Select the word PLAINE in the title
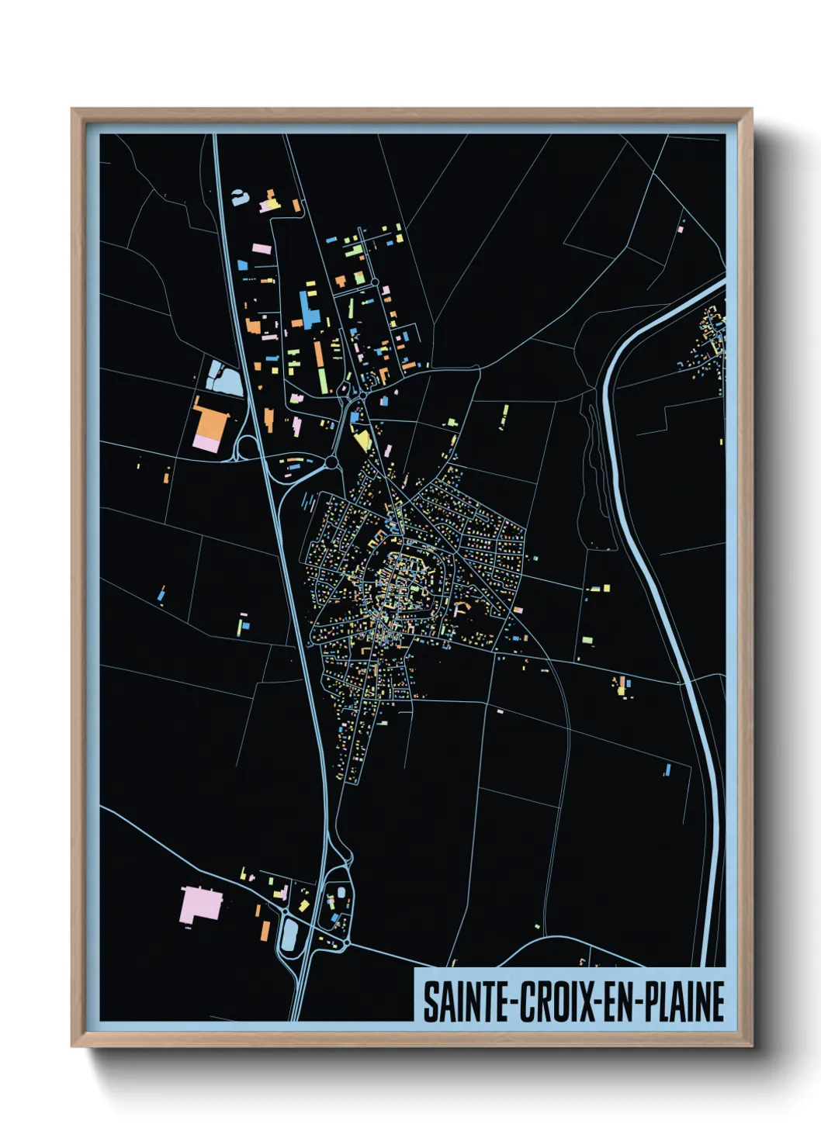(684, 1001)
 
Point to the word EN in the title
(617, 1001)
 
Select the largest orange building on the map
(211, 423)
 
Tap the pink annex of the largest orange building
(206, 444)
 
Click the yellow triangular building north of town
(362, 440)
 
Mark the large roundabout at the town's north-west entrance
(331, 462)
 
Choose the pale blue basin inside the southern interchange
(289, 935)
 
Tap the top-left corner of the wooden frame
(73, 110)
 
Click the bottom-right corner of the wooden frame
(750, 1045)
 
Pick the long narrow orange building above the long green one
(318, 353)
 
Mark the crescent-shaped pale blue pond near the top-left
(240, 197)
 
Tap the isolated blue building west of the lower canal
(667, 770)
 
